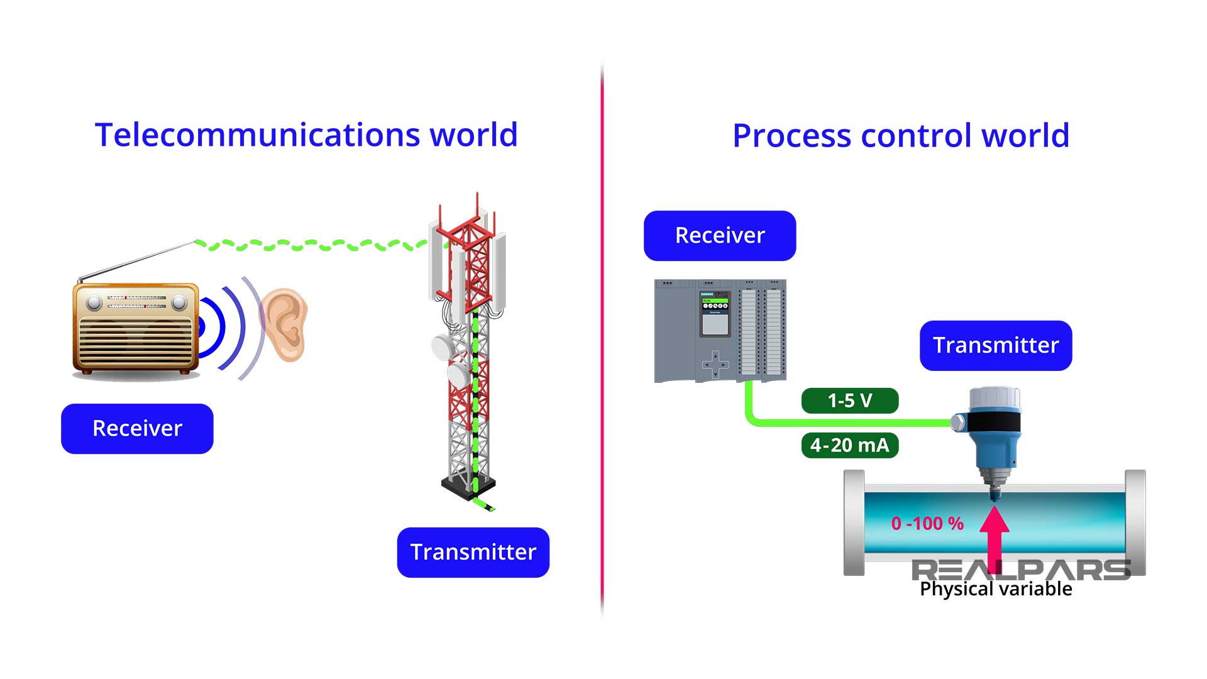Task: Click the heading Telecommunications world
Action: (x=306, y=135)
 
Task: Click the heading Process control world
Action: (x=901, y=135)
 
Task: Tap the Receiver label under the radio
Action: (x=137, y=428)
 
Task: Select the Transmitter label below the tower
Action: (x=473, y=552)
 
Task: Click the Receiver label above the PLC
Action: (x=720, y=235)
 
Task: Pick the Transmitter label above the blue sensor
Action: (x=996, y=345)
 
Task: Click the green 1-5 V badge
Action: (x=850, y=400)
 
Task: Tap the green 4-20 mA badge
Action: (x=850, y=445)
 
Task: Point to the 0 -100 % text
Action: (x=927, y=523)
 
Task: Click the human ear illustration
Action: (x=286, y=324)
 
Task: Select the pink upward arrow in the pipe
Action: (x=995, y=534)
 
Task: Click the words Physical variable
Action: (x=996, y=589)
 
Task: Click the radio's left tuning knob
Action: (x=94, y=303)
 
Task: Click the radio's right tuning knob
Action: (x=179, y=303)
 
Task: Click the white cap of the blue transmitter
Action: (x=995, y=398)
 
